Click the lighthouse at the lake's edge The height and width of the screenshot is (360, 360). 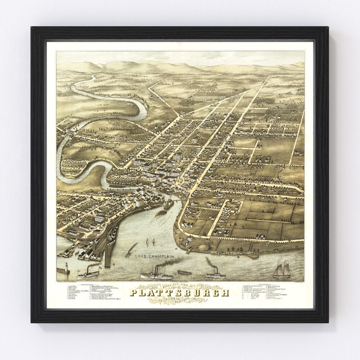[66, 267]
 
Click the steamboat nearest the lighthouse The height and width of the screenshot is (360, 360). [88, 273]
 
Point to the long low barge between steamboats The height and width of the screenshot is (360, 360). [184, 272]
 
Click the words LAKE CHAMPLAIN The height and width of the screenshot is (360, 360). [154, 256]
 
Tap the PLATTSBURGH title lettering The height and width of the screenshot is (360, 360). [179, 293]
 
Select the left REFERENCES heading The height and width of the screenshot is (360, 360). [86, 285]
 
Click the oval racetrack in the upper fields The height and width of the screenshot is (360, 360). [204, 98]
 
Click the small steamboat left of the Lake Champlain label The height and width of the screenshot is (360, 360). [128, 255]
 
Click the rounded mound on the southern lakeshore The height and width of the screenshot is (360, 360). [204, 247]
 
